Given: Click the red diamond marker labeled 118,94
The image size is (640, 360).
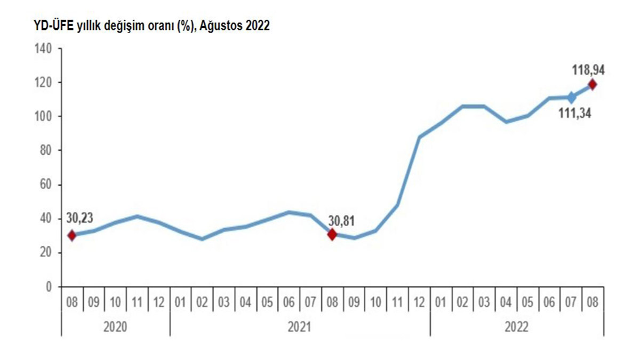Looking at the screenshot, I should coord(592,84).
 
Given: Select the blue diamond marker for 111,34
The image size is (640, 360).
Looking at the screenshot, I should coord(571,98).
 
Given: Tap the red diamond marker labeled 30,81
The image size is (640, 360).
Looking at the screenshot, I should coord(332,234).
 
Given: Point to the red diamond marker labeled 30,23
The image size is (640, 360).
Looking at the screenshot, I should coord(72,235).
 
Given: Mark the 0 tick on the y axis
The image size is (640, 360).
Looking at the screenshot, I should coord(49,286).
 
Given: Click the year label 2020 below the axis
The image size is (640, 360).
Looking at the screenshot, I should coord(115,326).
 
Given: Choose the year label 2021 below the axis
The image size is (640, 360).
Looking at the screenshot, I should coord(300,326).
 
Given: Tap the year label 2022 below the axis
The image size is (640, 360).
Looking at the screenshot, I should coord(516,326).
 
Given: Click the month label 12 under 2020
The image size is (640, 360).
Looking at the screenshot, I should coord(159,302).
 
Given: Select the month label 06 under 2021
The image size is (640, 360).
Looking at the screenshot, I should coord(289,302).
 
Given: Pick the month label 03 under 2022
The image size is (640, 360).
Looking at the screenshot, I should coord(484,302).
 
